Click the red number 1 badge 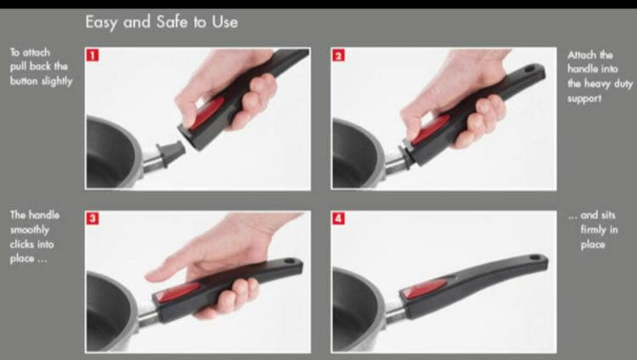93,55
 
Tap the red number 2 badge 338,55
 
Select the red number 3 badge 93,218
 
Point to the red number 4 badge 338,218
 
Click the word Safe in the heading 172,21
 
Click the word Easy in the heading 102,22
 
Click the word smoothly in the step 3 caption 30,230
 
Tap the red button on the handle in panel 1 207,113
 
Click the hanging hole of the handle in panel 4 534,258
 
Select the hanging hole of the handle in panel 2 530,70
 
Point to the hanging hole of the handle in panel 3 290,262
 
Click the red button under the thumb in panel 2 431,129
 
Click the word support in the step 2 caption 584,98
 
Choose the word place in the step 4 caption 593,245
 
